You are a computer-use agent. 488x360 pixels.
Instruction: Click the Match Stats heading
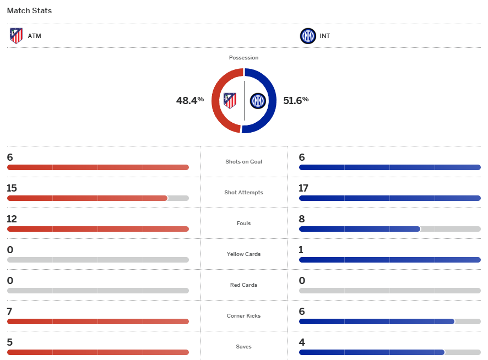tap(29, 10)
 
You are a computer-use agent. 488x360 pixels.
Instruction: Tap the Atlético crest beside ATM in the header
tap(17, 36)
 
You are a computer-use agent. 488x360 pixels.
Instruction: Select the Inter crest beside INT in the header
tap(308, 36)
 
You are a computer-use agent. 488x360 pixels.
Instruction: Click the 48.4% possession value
tap(190, 100)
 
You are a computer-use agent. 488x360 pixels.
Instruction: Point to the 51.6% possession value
tap(296, 100)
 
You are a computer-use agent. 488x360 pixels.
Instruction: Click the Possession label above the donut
tap(243, 58)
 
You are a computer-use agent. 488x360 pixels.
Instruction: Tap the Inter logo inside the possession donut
tap(258, 101)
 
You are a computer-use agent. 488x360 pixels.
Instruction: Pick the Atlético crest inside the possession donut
tap(230, 101)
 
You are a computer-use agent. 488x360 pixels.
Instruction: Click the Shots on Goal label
tap(243, 162)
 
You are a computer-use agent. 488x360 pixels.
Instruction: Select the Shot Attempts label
tap(243, 193)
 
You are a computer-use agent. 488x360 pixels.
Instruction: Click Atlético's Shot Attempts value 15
tap(12, 188)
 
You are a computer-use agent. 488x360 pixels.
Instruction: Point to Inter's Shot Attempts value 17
tap(304, 188)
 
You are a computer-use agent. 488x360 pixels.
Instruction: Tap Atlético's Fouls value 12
tap(12, 219)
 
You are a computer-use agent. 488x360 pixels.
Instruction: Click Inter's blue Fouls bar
tap(360, 229)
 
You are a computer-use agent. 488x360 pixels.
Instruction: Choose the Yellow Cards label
tap(243, 254)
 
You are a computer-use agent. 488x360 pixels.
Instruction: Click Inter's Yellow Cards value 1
tap(301, 250)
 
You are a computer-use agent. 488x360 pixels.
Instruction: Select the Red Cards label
tap(243, 285)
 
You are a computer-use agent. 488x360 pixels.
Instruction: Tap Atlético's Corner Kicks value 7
tap(10, 312)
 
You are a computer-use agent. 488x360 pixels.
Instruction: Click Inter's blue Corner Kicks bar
tap(377, 321)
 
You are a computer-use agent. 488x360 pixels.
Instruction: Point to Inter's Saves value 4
tap(302, 342)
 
